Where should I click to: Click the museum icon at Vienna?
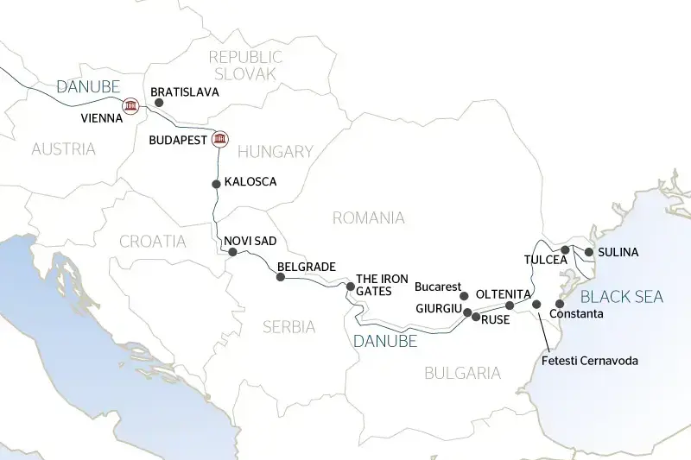click(x=130, y=106)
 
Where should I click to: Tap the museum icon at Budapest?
click(x=220, y=139)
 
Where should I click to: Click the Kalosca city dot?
click(x=216, y=183)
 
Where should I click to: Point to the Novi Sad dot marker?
click(x=232, y=252)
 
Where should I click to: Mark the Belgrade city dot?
click(x=280, y=277)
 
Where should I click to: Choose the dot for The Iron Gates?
click(x=351, y=287)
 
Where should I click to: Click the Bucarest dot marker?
click(x=465, y=296)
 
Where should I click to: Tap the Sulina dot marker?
click(x=589, y=252)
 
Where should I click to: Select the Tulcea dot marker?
click(x=565, y=250)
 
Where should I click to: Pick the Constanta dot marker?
click(x=560, y=304)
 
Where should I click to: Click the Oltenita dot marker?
click(x=510, y=306)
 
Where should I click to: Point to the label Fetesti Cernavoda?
click(x=591, y=360)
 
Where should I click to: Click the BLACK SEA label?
click(x=622, y=297)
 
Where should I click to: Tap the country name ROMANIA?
click(x=368, y=217)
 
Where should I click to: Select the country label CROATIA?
click(x=154, y=242)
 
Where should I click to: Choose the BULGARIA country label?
click(x=462, y=373)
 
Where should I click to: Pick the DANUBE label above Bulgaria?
click(x=385, y=341)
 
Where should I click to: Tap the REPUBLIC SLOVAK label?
click(x=244, y=66)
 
